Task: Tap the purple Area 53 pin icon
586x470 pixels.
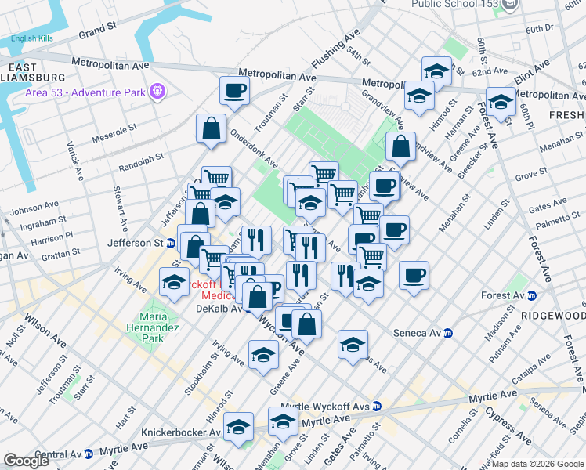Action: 157,92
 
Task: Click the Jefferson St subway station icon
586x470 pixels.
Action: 170,243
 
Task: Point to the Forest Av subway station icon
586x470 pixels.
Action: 531,295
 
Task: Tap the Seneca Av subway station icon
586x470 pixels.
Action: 448,333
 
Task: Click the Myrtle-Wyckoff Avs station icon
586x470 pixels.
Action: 377,406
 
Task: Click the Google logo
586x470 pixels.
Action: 26,460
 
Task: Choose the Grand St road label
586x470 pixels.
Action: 97,31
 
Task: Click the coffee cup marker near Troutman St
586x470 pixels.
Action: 234,92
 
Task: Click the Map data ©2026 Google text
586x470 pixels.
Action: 537,463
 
